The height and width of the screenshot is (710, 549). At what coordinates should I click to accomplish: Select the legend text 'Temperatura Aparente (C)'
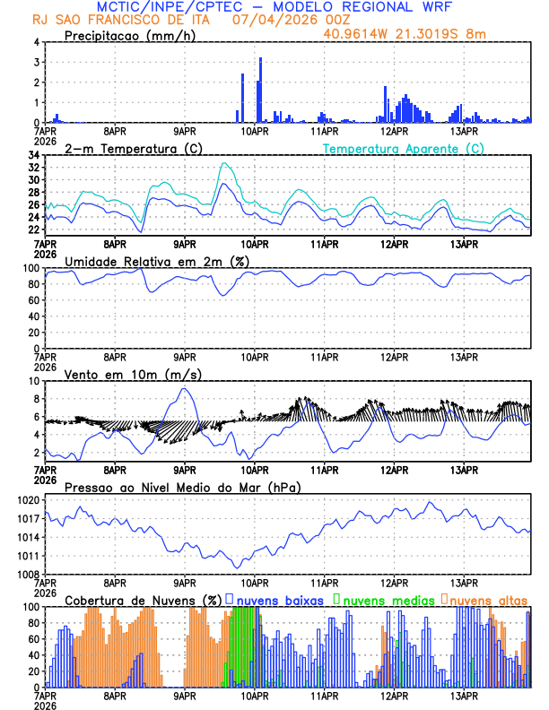(404, 148)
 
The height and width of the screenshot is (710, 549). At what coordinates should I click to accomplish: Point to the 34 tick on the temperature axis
(33, 155)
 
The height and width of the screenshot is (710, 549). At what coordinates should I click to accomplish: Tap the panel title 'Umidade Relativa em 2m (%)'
(156, 261)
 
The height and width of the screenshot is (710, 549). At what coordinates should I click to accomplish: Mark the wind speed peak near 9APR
(185, 388)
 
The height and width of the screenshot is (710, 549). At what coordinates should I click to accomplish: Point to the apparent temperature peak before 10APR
(222, 163)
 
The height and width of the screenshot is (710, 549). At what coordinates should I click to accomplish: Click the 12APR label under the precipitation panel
(394, 131)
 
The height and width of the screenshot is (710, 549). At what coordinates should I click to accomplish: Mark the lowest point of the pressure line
(238, 567)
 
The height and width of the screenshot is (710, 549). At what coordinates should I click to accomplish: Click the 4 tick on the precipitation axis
(36, 42)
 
